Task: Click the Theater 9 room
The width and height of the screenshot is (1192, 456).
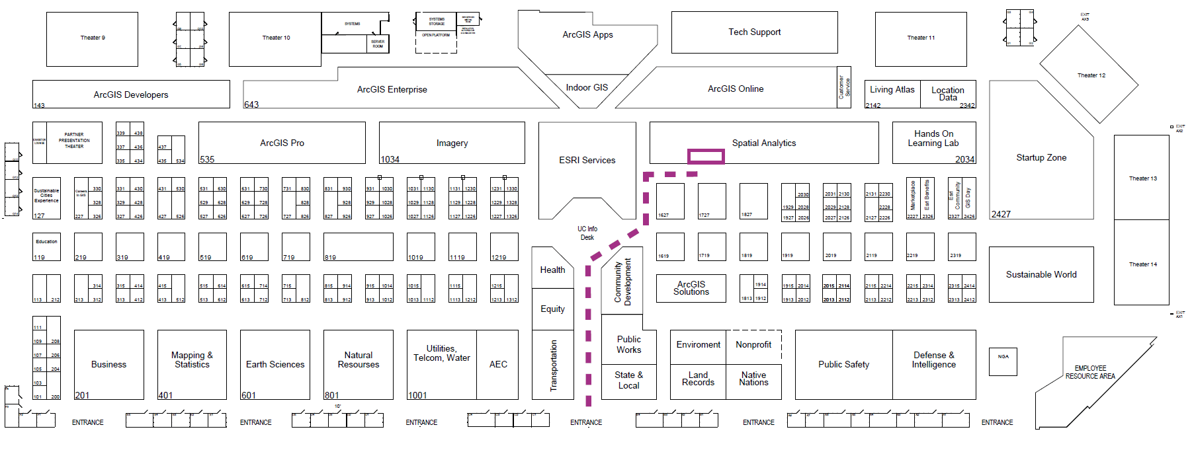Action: click(x=92, y=38)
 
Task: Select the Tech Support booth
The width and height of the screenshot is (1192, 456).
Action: click(x=754, y=32)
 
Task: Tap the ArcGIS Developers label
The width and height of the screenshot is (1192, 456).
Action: click(x=131, y=95)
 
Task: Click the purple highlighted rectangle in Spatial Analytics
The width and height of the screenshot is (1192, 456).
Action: click(x=706, y=156)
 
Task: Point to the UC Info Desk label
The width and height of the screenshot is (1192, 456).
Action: click(x=587, y=233)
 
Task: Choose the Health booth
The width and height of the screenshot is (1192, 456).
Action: click(x=553, y=270)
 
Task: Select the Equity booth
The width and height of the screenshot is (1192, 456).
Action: click(x=553, y=309)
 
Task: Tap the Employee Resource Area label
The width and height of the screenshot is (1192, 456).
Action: click(x=1089, y=372)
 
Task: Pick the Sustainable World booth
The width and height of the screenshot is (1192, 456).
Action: click(x=1041, y=274)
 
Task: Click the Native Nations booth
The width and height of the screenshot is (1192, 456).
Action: click(x=753, y=379)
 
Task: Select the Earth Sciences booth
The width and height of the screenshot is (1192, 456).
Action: click(x=275, y=364)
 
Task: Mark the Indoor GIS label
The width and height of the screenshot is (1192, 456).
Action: click(x=587, y=87)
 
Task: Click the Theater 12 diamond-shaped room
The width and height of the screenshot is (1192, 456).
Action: click(x=1091, y=75)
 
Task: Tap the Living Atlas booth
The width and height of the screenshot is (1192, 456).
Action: click(x=892, y=90)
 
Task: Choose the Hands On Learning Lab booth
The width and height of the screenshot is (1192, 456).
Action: click(x=933, y=139)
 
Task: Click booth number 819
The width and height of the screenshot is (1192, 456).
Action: click(x=358, y=247)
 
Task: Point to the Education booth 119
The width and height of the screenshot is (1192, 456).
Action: click(x=46, y=247)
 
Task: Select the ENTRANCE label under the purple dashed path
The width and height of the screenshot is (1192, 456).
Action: click(x=586, y=422)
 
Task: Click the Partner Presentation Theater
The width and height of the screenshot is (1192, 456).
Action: click(x=74, y=141)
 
